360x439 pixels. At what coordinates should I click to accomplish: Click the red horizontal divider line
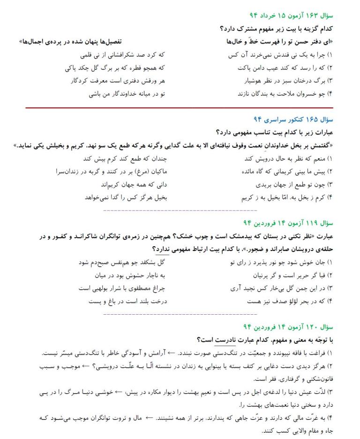tap(180, 108)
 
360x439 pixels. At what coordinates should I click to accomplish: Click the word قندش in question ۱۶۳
tap(289, 55)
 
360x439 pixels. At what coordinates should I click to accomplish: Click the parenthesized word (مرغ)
tap(138, 171)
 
